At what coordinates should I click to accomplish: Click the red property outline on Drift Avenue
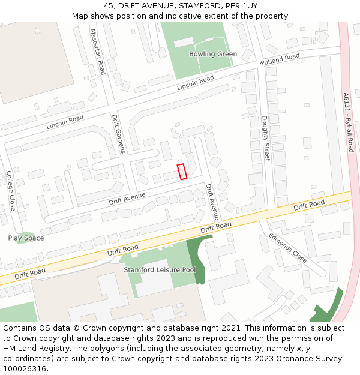click(x=182, y=171)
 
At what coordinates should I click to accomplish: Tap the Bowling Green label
click(x=212, y=54)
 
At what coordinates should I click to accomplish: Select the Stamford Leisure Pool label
click(x=160, y=270)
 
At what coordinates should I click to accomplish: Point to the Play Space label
click(x=26, y=238)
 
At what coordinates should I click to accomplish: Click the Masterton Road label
click(x=98, y=52)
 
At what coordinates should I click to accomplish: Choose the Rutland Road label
click(x=280, y=59)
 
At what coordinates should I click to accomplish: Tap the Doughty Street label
click(x=265, y=139)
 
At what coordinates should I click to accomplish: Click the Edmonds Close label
click(x=287, y=248)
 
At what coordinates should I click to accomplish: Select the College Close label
click(x=11, y=190)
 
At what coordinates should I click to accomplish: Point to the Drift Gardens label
click(x=119, y=134)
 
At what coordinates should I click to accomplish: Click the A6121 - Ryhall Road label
click(x=349, y=122)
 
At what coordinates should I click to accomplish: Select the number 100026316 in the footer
click(x=25, y=368)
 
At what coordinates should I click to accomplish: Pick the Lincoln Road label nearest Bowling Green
click(x=195, y=83)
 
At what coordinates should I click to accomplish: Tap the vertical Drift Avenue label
click(x=212, y=202)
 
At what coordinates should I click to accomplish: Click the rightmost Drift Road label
click(x=309, y=206)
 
